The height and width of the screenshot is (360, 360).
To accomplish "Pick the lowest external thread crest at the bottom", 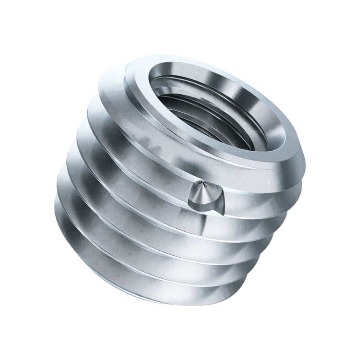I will [x=158, y=292].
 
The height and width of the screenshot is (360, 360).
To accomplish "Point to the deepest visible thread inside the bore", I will [x=221, y=130].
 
